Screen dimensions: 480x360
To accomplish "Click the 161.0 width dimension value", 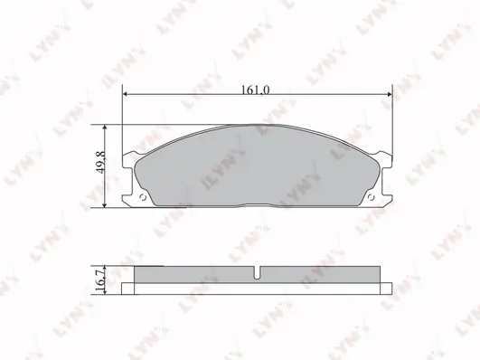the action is coord(256,90).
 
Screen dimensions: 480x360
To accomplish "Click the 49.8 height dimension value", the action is coord(101,163).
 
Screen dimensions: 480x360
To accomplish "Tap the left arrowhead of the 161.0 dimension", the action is coord(125,94).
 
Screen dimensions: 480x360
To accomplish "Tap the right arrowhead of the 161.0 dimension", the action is coord(390,94).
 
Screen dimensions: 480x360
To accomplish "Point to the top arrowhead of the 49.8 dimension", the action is coord(105,128).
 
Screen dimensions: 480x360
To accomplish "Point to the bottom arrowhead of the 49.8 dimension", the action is coord(105,205).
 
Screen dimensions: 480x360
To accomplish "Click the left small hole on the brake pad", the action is coord(142,197).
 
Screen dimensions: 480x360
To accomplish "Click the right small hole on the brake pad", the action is coord(371,197).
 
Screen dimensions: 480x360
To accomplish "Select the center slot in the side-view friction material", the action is coord(257,272).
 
